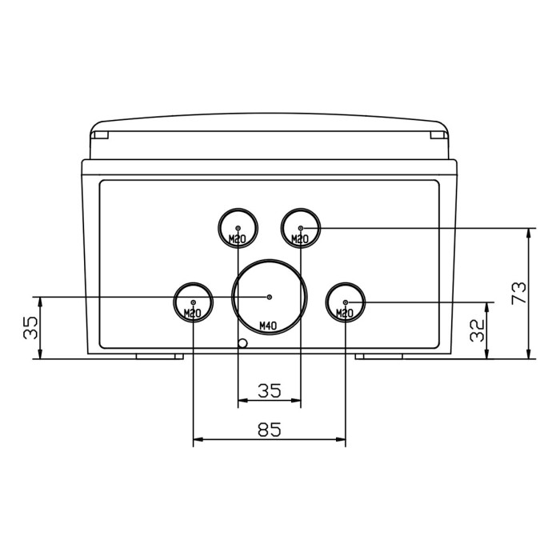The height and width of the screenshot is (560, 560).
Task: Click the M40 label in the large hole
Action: (x=269, y=326)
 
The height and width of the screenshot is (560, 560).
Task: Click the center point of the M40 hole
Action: (x=270, y=297)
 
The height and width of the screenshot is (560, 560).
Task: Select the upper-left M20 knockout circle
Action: (x=239, y=228)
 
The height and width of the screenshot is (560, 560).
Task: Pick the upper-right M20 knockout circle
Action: (x=301, y=228)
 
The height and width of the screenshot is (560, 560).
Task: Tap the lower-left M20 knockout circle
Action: (x=193, y=302)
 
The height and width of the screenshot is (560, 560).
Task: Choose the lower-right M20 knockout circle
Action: (x=346, y=302)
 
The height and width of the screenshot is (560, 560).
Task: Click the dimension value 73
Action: (x=519, y=293)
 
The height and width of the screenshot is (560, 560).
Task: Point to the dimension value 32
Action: (x=478, y=330)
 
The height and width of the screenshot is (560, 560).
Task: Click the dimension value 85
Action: (x=270, y=430)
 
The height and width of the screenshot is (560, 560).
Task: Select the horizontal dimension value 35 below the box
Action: (x=270, y=390)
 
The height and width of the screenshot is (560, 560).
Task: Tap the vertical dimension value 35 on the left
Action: (x=30, y=328)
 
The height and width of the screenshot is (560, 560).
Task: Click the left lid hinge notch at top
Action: (x=99, y=136)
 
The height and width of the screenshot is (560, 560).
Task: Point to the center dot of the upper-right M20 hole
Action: (x=301, y=228)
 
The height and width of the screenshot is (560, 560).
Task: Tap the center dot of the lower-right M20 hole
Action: (x=346, y=302)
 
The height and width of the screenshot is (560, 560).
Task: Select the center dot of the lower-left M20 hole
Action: (x=193, y=302)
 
